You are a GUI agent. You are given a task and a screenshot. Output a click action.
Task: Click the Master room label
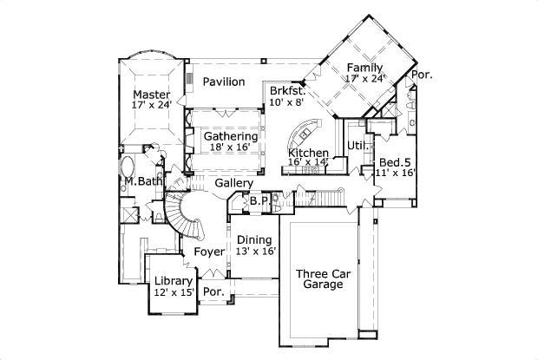[x=151, y=95]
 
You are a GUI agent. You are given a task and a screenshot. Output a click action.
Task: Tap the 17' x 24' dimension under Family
[x=364, y=79]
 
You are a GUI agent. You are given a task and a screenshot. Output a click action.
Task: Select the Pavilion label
[x=223, y=82]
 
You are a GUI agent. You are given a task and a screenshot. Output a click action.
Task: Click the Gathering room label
[x=230, y=136]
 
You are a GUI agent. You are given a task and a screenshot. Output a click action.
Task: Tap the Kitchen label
[x=308, y=153]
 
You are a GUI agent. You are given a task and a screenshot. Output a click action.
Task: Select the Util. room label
[x=356, y=145]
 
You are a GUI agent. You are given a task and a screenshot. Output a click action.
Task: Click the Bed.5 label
[x=394, y=162]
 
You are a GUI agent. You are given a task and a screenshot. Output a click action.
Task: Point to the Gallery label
[x=233, y=183]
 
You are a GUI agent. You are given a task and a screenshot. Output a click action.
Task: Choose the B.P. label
[x=258, y=201]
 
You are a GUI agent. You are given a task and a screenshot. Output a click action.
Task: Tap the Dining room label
[x=253, y=239]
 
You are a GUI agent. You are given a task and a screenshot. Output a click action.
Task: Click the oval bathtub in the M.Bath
[x=128, y=167]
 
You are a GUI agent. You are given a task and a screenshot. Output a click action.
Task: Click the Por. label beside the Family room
[x=422, y=75]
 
